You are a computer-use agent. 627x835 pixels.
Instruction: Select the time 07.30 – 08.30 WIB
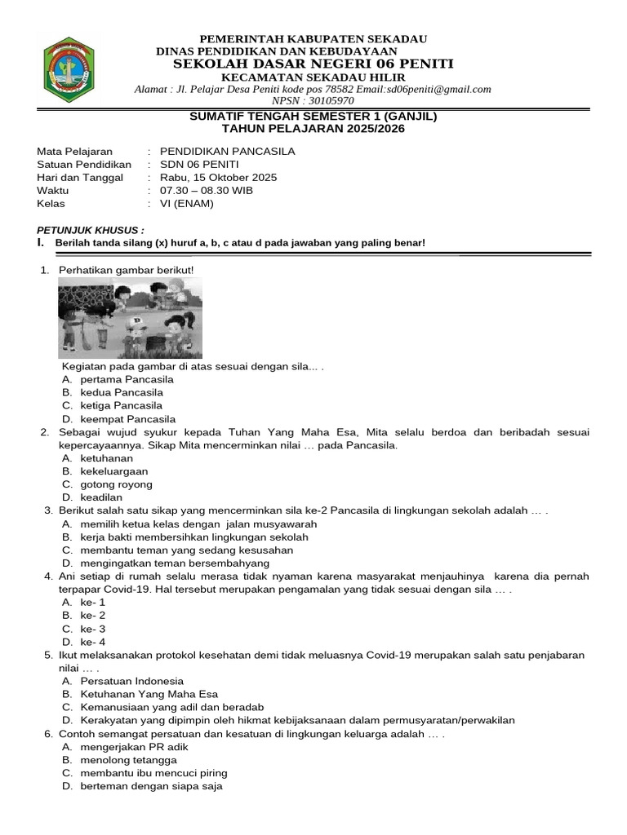pyautogui.click(x=207, y=191)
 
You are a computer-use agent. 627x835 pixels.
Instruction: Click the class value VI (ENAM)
pyautogui.click(x=187, y=204)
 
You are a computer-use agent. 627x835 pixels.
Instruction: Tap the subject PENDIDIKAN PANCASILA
pyautogui.click(x=227, y=152)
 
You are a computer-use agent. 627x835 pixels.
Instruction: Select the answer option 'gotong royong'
pyautogui.click(x=116, y=484)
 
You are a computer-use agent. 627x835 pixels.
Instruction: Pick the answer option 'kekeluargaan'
pyautogui.click(x=114, y=471)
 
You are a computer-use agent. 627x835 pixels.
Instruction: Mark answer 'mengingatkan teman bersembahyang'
pyautogui.click(x=175, y=563)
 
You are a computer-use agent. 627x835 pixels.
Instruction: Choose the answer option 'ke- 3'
pyautogui.click(x=92, y=629)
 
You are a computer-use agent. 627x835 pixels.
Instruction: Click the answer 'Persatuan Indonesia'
pyautogui.click(x=132, y=681)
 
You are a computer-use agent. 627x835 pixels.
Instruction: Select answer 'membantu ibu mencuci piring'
pyautogui.click(x=153, y=773)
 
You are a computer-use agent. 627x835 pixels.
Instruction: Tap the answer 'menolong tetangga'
pyautogui.click(x=128, y=760)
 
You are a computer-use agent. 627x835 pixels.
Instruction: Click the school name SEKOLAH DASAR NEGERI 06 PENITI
pyautogui.click(x=313, y=64)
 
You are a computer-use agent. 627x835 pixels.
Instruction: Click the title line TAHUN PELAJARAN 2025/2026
pyautogui.click(x=313, y=129)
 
